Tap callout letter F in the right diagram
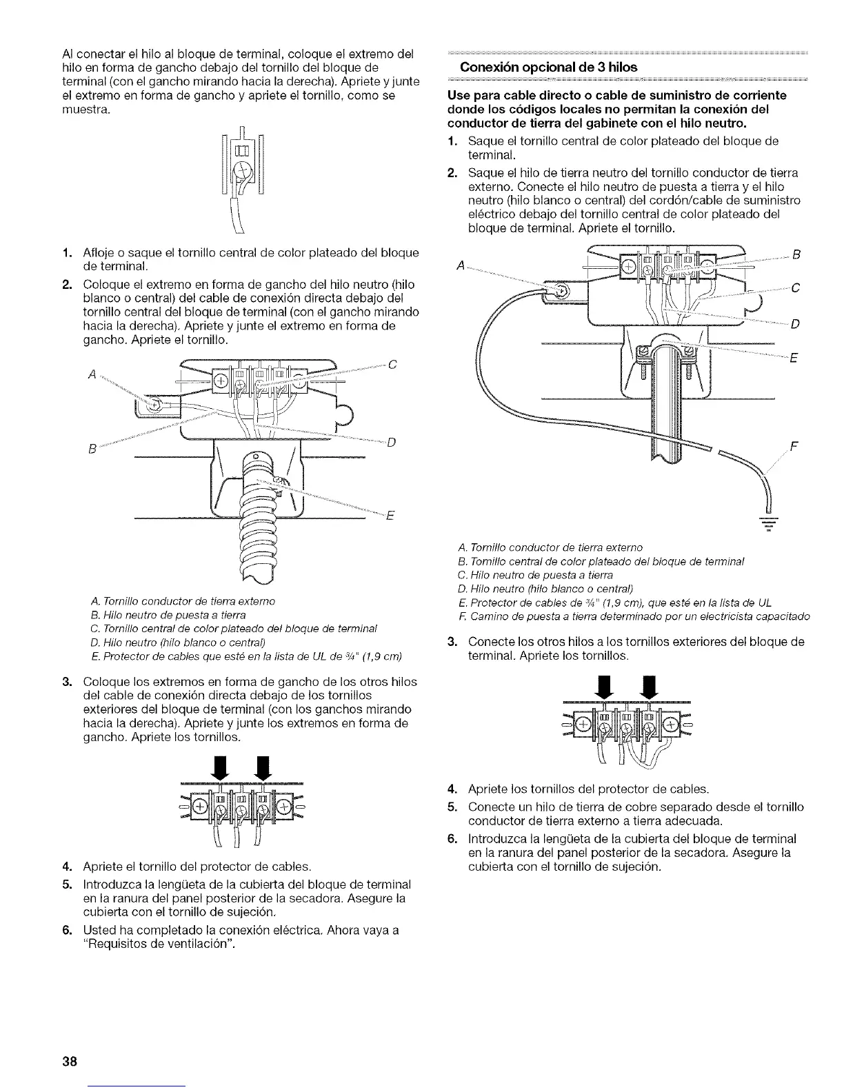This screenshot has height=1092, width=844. coord(793,445)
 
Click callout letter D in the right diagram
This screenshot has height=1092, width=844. coord(794,324)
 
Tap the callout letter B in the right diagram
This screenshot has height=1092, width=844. coord(796,256)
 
